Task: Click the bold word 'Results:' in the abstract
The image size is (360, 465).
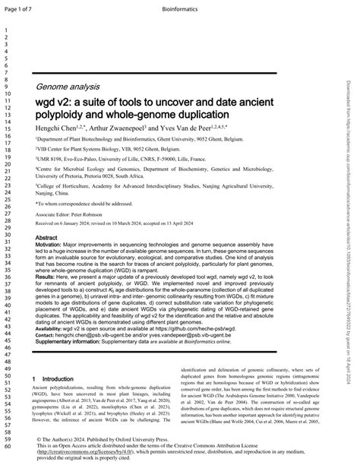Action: point(49,278)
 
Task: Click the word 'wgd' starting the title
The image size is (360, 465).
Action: point(47,102)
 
